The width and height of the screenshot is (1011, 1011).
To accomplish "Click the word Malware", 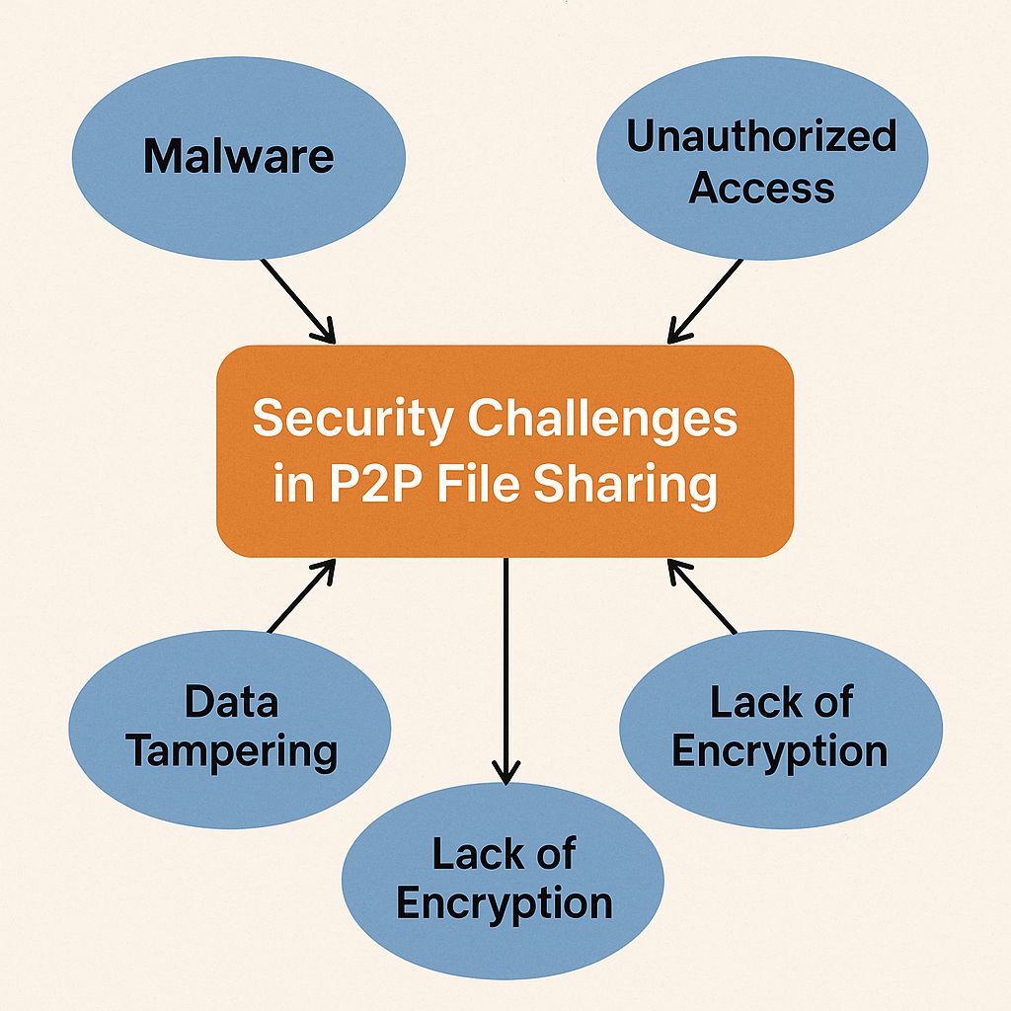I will [239, 157].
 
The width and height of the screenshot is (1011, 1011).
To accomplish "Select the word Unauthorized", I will [761, 137].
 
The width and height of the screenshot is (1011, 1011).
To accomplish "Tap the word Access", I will [761, 187].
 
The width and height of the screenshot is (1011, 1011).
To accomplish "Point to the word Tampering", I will [232, 751].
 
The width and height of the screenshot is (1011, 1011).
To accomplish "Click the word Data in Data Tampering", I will [231, 702].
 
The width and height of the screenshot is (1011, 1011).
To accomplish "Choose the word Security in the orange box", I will [352, 420].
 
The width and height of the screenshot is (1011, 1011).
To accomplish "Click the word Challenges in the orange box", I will [602, 420].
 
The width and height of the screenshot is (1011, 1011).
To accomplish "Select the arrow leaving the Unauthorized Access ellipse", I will [705, 300].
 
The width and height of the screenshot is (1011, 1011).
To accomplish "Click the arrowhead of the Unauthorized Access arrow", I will [676, 334].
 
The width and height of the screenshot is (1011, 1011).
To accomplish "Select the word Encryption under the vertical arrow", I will [504, 903].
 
